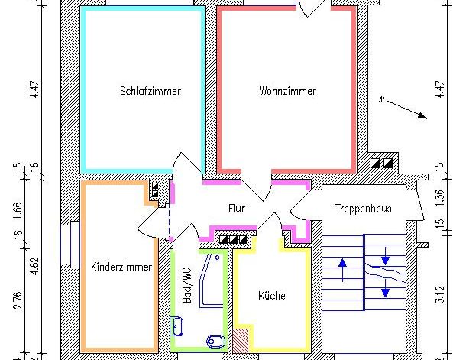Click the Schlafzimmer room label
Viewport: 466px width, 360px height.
point(150,91)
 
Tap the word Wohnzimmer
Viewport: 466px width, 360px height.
point(287,91)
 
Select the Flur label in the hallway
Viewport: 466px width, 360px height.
point(237,208)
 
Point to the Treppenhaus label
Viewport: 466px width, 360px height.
point(364,209)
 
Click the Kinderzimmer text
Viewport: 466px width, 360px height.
point(121,267)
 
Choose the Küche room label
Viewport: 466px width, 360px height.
point(272,295)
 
